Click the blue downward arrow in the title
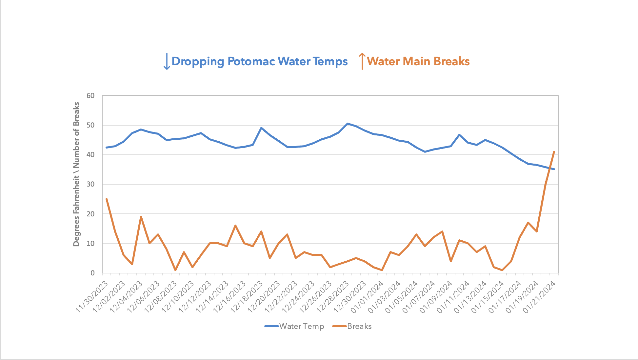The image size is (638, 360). [167, 61]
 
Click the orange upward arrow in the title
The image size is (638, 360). [362, 61]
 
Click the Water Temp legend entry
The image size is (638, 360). [294, 326]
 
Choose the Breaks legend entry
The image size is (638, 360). [352, 326]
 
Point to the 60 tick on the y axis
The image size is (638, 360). [90, 96]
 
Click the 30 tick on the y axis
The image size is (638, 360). [90, 184]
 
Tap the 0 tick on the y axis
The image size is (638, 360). [92, 273]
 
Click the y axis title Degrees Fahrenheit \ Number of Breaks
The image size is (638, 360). [76, 174]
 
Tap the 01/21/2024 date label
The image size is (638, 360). [540, 297]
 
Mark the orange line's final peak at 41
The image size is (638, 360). [554, 152]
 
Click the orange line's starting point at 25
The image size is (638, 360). [107, 199]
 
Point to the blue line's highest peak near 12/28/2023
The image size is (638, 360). [348, 124]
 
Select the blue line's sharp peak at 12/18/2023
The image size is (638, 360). [261, 128]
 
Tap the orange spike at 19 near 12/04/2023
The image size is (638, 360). [141, 217]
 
